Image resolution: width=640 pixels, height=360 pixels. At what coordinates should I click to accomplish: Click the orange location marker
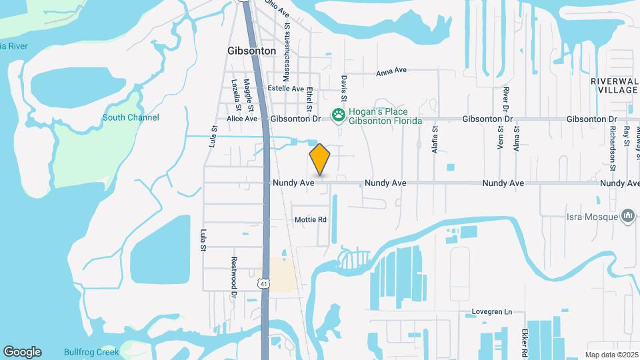click(320, 159)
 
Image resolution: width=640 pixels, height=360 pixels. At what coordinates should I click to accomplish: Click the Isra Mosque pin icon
click(627, 215)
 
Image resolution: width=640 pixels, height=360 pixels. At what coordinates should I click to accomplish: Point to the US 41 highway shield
click(265, 283)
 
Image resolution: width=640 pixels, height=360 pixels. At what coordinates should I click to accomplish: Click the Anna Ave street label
click(391, 71)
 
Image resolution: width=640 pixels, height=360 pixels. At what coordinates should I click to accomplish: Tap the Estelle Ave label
click(285, 88)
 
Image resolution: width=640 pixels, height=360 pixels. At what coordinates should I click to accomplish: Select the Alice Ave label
click(241, 119)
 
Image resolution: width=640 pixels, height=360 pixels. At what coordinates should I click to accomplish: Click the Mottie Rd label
click(311, 219)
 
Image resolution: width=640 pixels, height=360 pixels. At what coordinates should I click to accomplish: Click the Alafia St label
click(435, 141)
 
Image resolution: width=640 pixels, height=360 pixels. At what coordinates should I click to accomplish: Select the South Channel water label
click(131, 117)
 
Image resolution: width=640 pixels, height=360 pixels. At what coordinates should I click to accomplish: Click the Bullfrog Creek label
click(91, 351)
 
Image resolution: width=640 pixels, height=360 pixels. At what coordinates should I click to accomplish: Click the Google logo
click(22, 351)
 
